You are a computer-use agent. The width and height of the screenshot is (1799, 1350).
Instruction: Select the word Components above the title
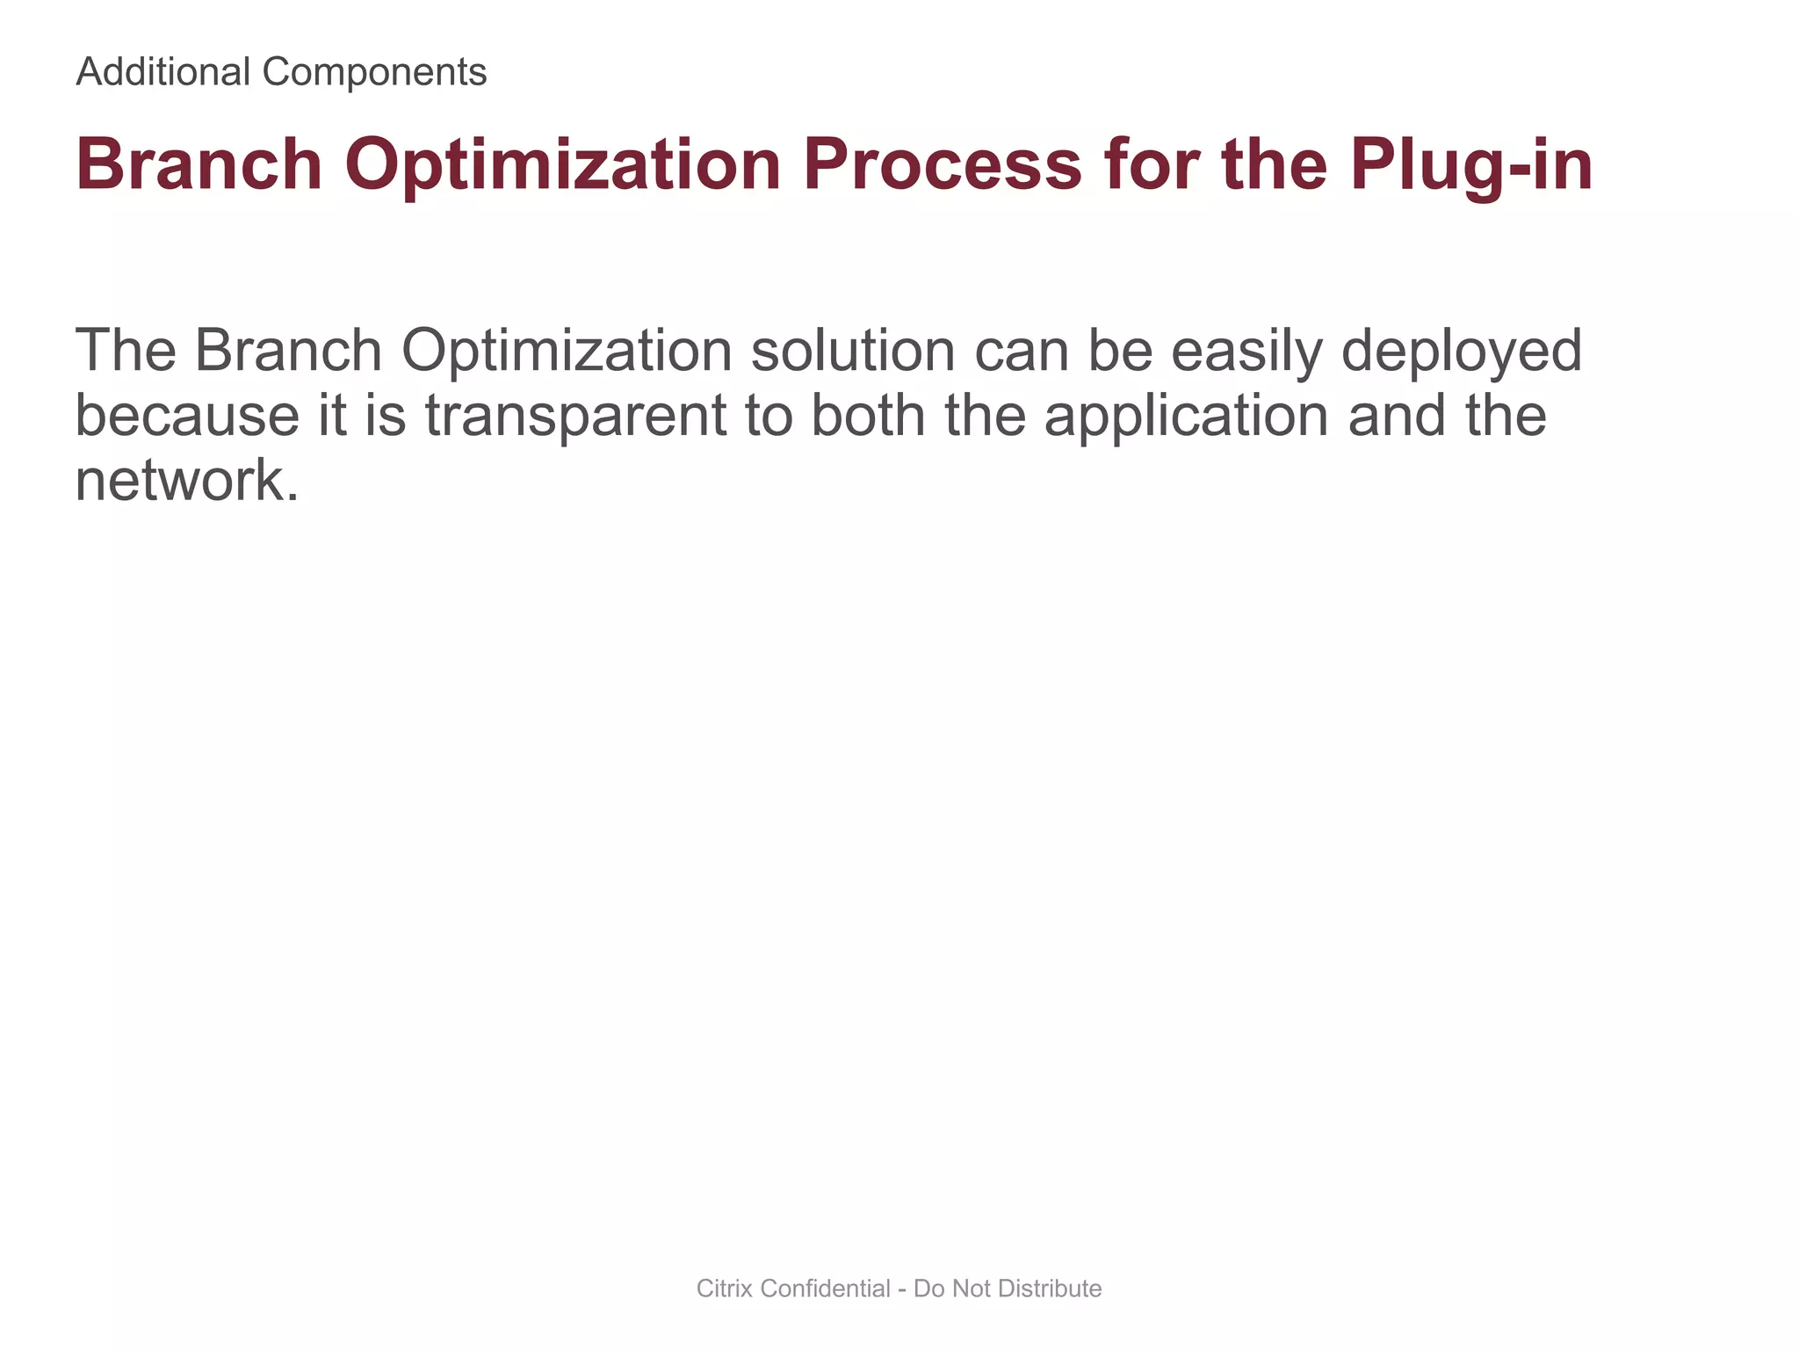point(374,71)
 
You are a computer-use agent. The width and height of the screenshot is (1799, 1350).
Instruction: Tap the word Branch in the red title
point(199,164)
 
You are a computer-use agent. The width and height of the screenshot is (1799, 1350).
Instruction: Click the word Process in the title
point(942,164)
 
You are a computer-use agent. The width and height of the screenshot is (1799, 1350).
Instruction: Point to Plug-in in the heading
point(1471,164)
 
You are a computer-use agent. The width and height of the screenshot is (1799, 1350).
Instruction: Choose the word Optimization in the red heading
point(562,164)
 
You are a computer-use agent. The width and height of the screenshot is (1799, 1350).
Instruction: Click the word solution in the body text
point(853,350)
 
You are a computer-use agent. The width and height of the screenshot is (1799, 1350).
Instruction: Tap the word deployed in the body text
point(1462,350)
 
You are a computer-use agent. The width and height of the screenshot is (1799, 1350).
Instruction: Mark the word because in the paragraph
point(187,415)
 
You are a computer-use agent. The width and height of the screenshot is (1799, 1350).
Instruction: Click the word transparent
point(575,415)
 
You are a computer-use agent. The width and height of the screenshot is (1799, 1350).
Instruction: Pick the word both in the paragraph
point(868,415)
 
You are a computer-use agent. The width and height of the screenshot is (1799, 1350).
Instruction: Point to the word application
point(1186,415)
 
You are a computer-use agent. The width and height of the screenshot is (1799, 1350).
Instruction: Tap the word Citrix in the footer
point(725,1288)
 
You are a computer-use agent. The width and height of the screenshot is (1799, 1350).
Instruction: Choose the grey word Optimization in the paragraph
point(567,350)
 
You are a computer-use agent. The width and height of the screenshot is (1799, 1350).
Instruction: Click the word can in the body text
point(1021,350)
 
